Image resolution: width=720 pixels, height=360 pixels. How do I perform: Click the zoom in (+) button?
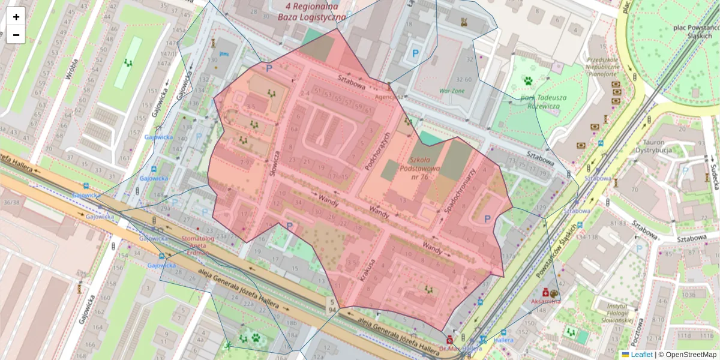click(x=16, y=17)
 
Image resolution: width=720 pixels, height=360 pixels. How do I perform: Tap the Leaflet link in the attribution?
click(x=641, y=355)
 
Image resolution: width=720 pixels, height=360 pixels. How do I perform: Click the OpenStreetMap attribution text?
click(x=690, y=355)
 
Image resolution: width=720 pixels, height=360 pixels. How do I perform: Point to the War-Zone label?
click(x=451, y=91)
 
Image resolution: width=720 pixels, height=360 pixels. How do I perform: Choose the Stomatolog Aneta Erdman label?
click(x=197, y=245)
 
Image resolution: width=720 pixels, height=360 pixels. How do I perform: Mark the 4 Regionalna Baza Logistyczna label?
click(x=311, y=12)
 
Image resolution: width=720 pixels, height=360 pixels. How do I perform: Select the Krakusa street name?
click(x=367, y=271)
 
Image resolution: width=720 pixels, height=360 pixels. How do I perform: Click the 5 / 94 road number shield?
click(x=331, y=305)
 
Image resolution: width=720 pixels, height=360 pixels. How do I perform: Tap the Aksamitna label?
click(x=545, y=302)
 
